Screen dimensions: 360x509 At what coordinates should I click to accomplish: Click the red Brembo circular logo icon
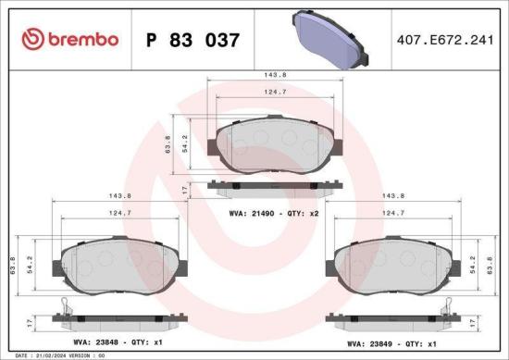pyautogui.click(x=34, y=39)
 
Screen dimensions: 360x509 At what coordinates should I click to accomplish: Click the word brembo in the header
pyautogui.click(x=83, y=39)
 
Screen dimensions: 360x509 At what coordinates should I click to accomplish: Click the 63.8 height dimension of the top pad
pyautogui.click(x=168, y=145)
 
